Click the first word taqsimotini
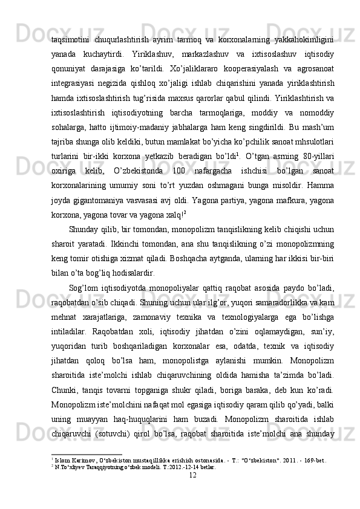point(71,39)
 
